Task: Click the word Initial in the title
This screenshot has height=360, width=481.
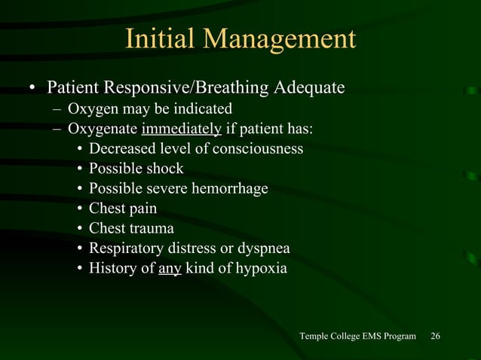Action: click(x=157, y=39)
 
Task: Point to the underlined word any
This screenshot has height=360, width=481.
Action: click(x=170, y=267)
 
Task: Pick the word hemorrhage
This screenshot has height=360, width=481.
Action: click(x=231, y=188)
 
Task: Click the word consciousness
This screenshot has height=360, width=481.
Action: click(x=258, y=148)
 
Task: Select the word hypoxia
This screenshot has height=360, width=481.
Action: click(x=260, y=267)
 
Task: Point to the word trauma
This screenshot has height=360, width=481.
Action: click(x=150, y=228)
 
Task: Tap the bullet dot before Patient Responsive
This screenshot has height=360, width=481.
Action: click(x=32, y=90)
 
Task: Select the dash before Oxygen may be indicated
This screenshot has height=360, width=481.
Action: click(x=57, y=109)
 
